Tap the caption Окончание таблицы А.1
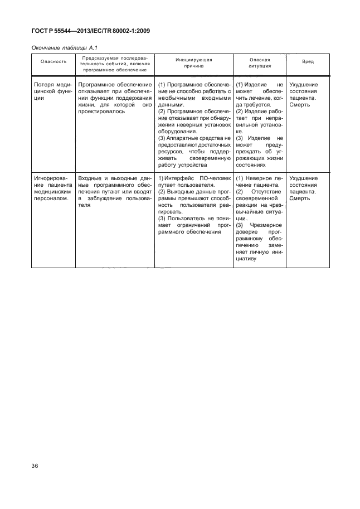click(66, 49)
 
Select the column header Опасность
click(53, 61)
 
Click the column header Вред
click(308, 61)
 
